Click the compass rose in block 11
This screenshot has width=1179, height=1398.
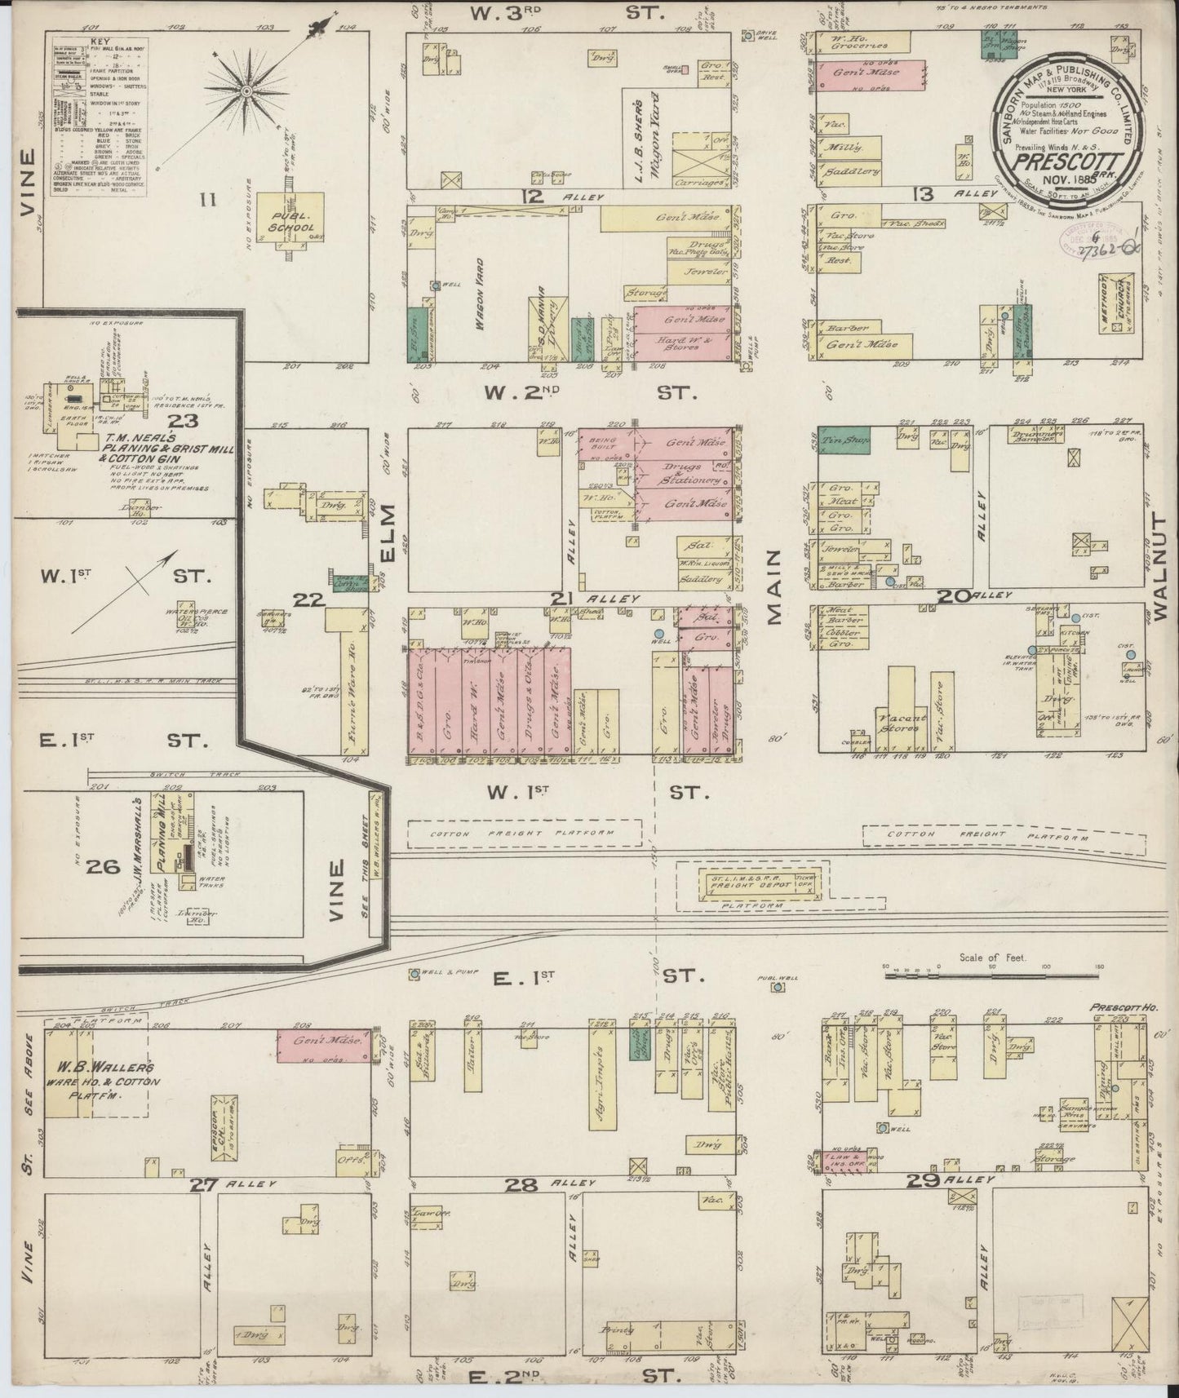[245, 92]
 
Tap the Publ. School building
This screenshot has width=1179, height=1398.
[291, 216]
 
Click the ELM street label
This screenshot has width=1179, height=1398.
[387, 533]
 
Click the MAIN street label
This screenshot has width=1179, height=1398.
[773, 586]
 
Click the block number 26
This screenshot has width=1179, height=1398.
[107, 866]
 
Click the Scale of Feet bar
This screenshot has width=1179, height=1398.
[992, 972]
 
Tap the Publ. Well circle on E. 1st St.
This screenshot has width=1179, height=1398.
[778, 987]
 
